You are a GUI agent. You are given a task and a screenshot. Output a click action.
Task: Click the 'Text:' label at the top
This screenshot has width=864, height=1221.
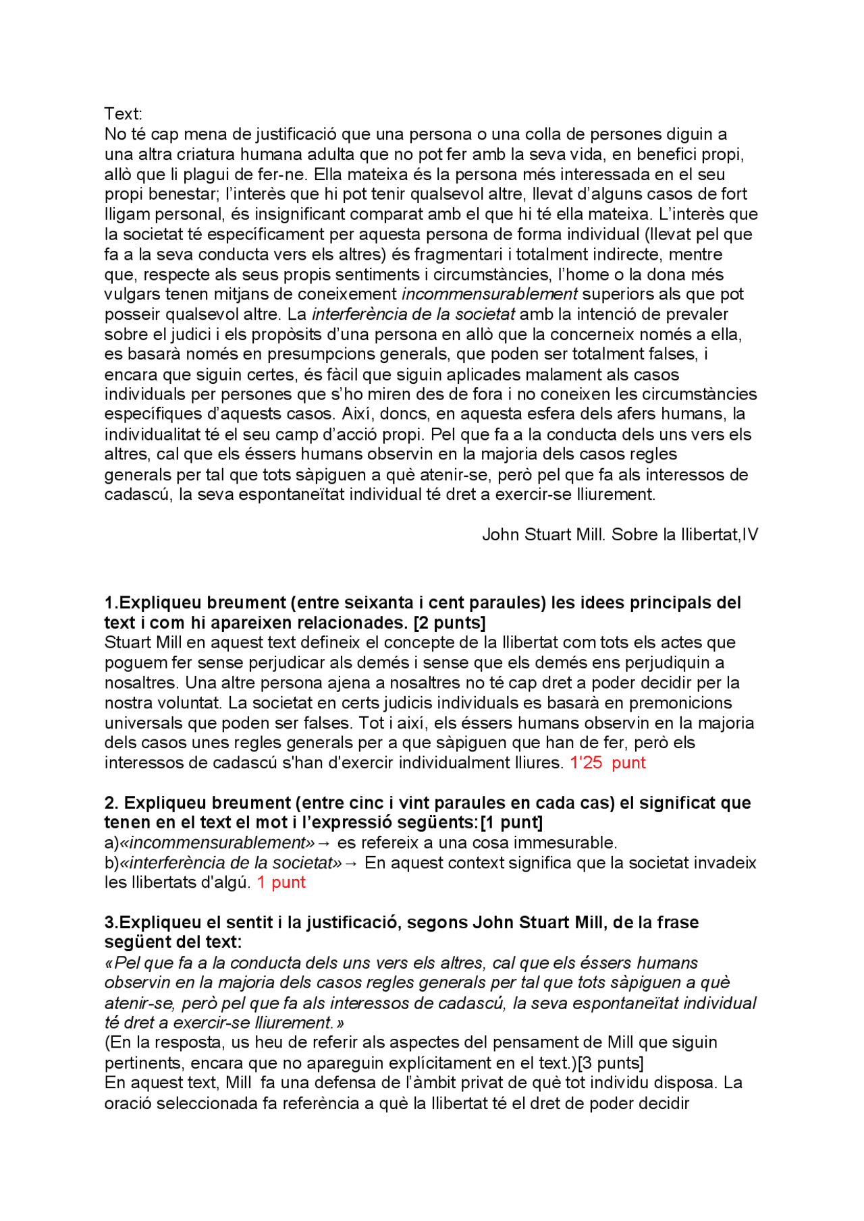(123, 114)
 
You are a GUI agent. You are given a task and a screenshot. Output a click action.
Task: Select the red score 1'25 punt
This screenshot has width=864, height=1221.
(607, 763)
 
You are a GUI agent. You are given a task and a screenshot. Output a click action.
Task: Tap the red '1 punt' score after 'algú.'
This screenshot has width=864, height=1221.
(281, 882)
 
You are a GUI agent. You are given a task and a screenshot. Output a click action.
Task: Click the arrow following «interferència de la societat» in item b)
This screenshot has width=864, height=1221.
(351, 863)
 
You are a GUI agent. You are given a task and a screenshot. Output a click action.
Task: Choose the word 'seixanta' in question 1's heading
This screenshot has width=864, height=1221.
(375, 602)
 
